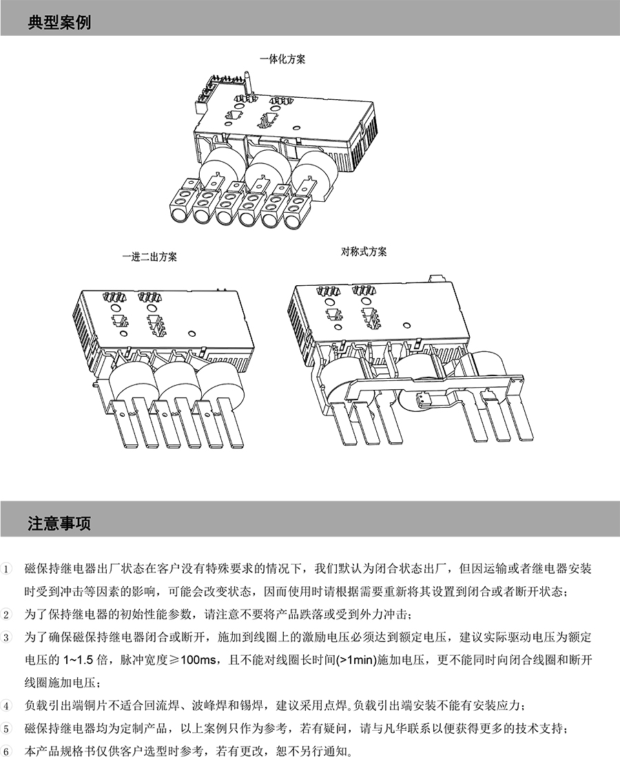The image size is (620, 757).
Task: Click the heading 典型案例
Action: pos(59,21)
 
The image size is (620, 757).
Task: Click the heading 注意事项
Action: pos(59,523)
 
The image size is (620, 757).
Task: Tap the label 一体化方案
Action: pos(282,60)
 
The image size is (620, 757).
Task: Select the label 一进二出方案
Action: pos(149,257)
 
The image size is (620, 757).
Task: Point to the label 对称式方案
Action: pos(364,251)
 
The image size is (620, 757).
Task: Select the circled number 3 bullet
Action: pos(8,638)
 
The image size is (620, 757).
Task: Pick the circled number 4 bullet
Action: pos(8,706)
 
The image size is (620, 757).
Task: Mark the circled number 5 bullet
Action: pos(8,729)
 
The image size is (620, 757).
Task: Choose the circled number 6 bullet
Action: pos(8,751)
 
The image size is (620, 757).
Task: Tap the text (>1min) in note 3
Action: pos(357,660)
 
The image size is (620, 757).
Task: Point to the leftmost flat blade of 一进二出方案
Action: pos(123,424)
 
